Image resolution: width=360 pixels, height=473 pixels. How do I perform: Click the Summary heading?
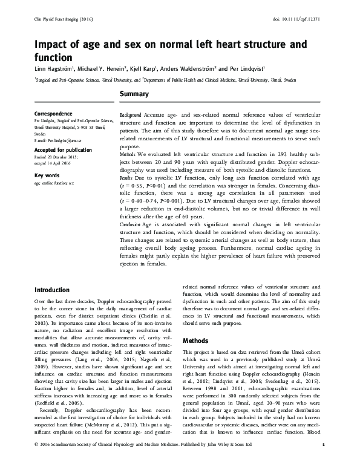134,95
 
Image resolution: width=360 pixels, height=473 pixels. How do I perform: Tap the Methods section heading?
196,341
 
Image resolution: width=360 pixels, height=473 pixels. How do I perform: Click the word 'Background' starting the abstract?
130,115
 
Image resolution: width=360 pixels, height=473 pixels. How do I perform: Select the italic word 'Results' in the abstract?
126,179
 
